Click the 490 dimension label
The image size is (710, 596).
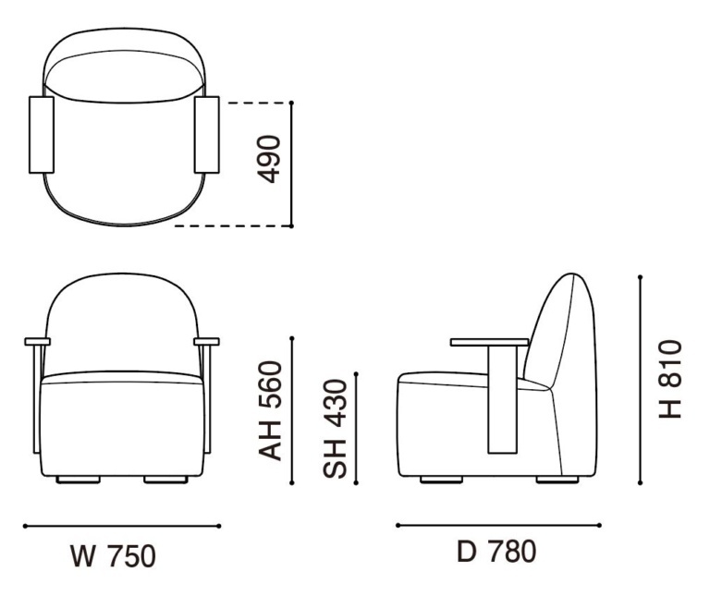pyautogui.click(x=269, y=159)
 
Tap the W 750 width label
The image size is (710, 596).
pyautogui.click(x=113, y=556)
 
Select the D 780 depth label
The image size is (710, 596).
pyautogui.click(x=496, y=552)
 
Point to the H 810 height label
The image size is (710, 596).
pyautogui.click(x=669, y=379)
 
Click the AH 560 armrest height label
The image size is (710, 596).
pyautogui.click(x=270, y=411)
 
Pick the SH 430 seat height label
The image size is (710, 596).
pyautogui.click(x=335, y=429)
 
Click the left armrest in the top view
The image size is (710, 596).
pyautogui.click(x=42, y=134)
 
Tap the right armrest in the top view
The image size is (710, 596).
pyautogui.click(x=207, y=134)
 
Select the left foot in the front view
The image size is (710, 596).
pyautogui.click(x=79, y=480)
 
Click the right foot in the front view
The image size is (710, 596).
pyautogui.click(x=165, y=480)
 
